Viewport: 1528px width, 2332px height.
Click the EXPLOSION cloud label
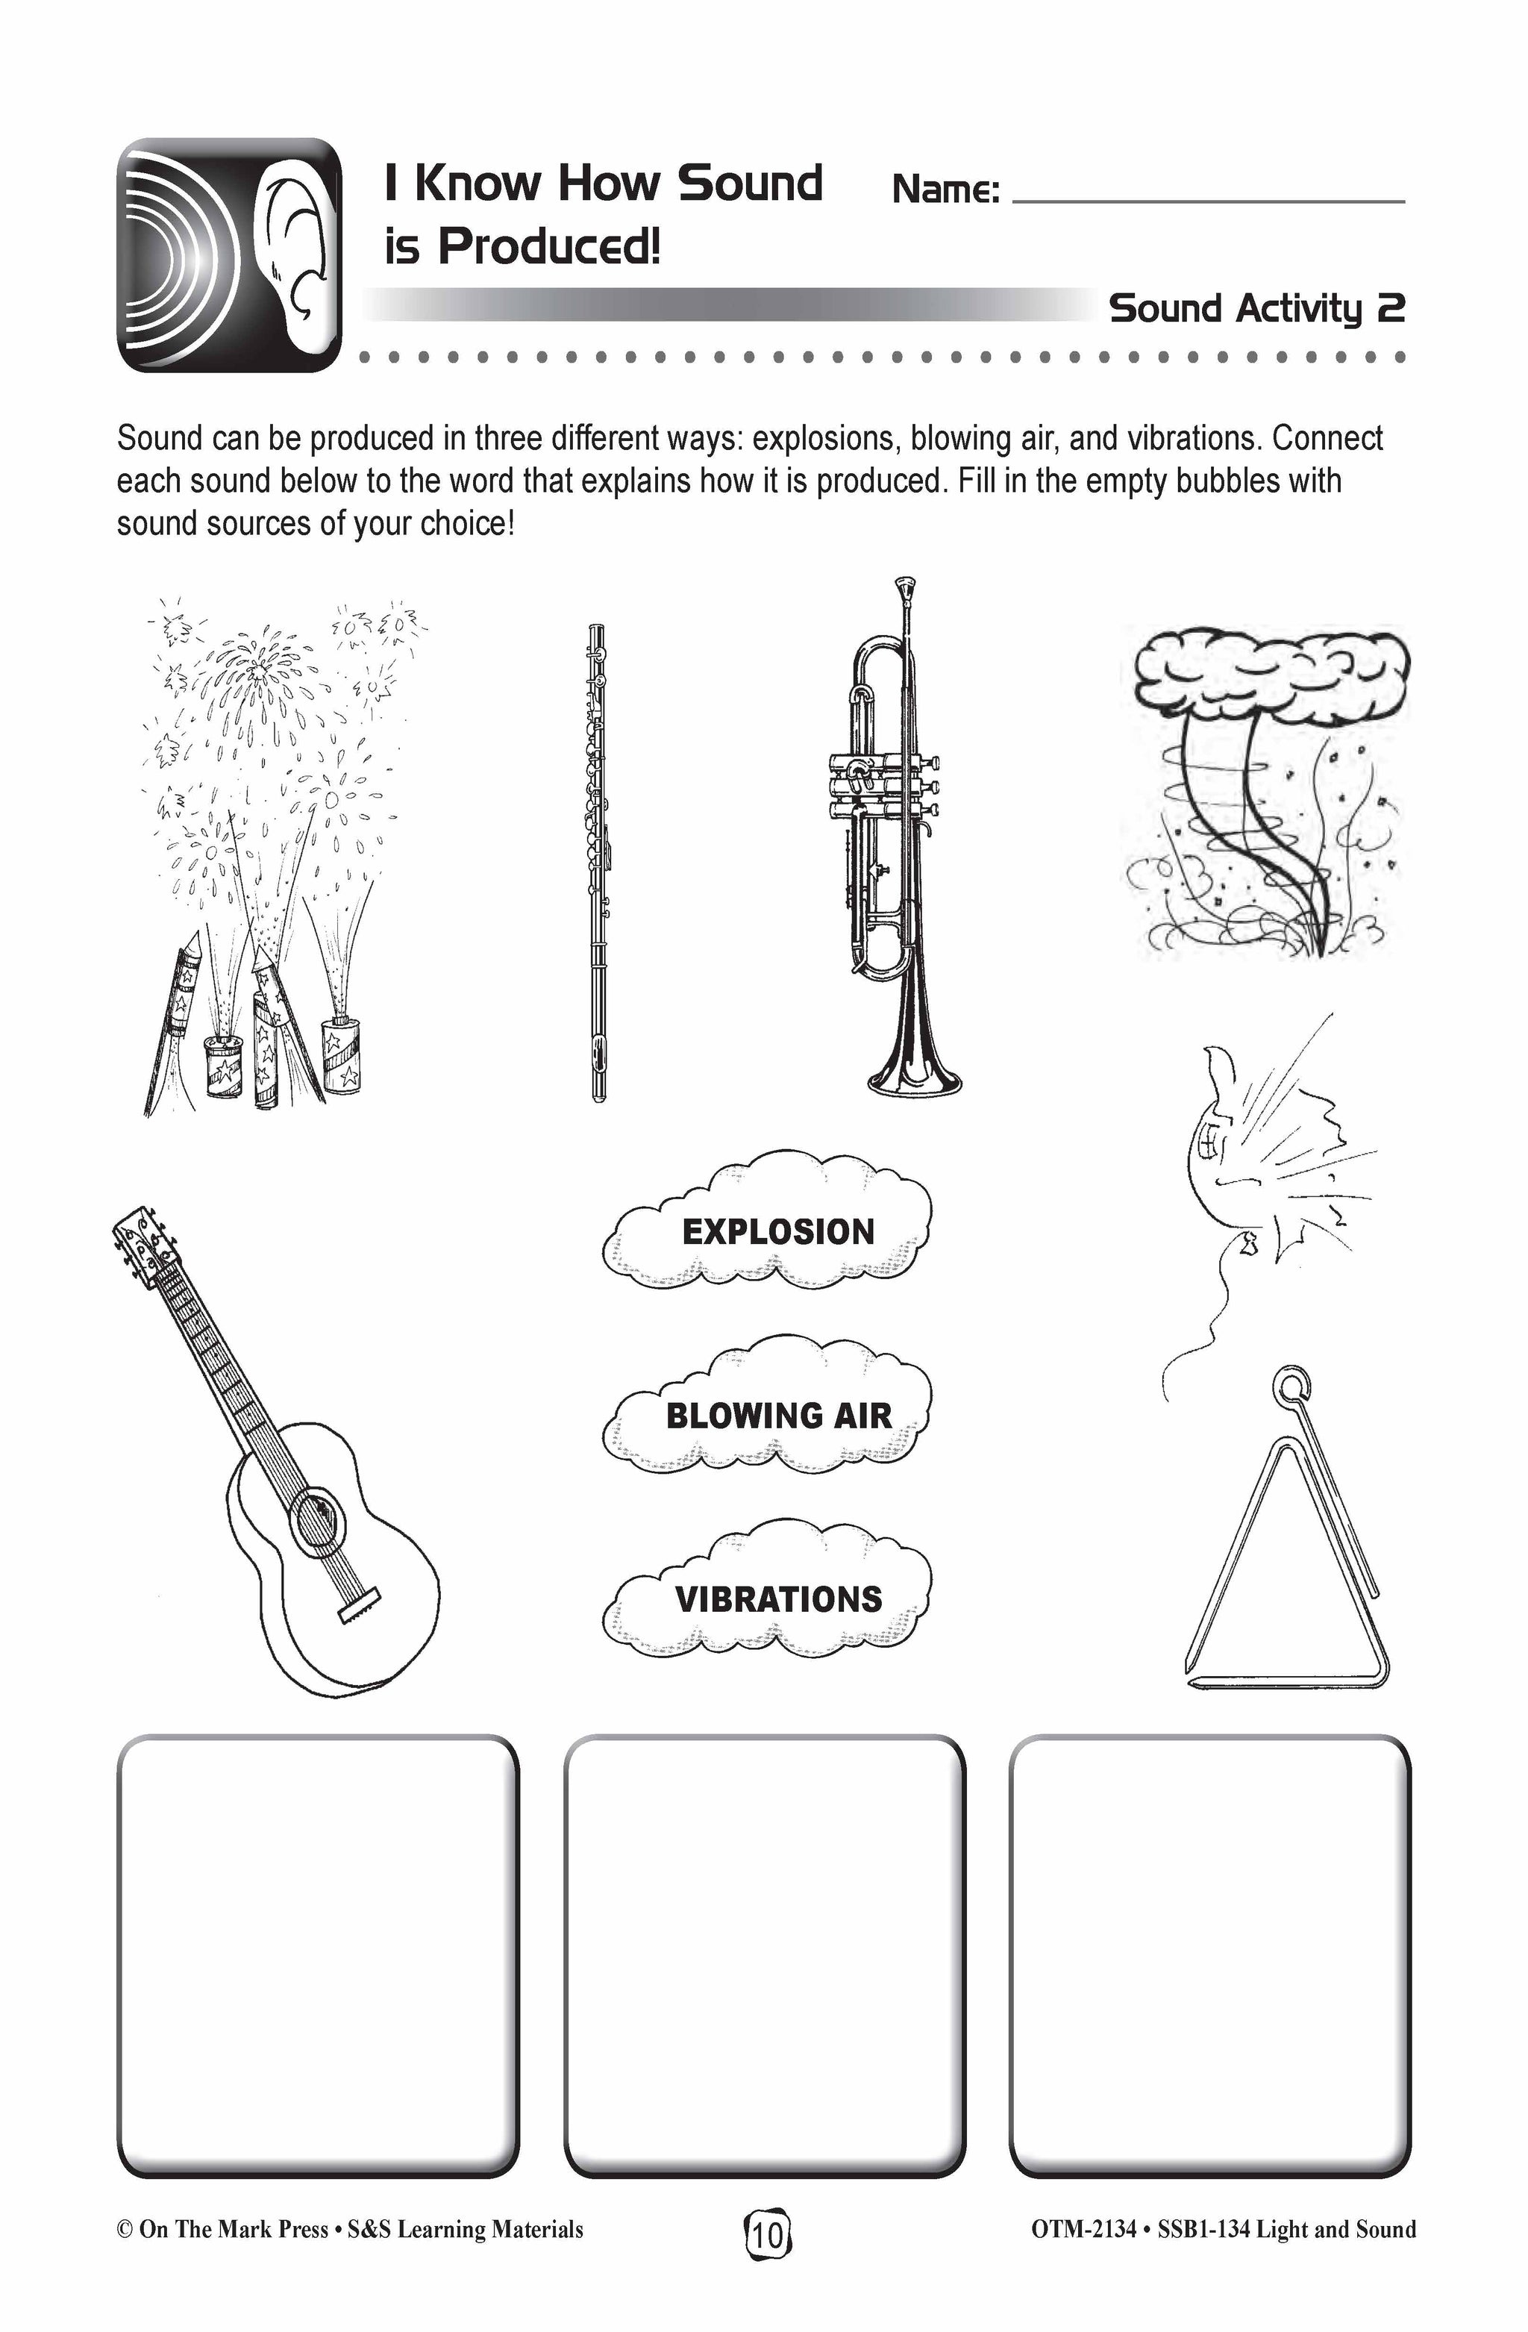pos(777,1231)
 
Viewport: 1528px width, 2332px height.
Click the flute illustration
pos(598,862)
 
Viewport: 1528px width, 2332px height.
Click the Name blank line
pos(1208,200)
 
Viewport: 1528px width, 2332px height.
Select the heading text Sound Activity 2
pos(1256,309)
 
